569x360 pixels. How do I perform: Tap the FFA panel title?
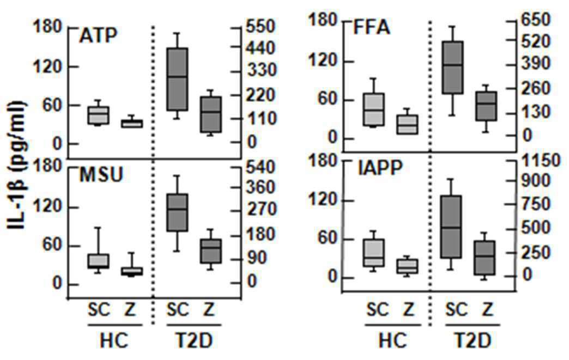(372, 27)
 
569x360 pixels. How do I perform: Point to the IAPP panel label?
(380, 168)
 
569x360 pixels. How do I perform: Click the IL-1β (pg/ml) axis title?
(16, 166)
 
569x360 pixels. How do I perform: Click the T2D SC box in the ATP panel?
(177, 79)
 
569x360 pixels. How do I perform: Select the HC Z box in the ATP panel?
(132, 124)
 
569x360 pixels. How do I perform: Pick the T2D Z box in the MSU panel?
(211, 251)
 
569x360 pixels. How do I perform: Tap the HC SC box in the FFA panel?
(374, 109)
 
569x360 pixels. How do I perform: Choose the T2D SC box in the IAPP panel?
(451, 227)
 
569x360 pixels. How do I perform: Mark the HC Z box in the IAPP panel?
(407, 266)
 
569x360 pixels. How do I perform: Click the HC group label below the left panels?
(114, 341)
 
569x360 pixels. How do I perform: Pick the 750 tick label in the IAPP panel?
(536, 204)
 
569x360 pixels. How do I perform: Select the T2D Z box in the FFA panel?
(486, 106)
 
